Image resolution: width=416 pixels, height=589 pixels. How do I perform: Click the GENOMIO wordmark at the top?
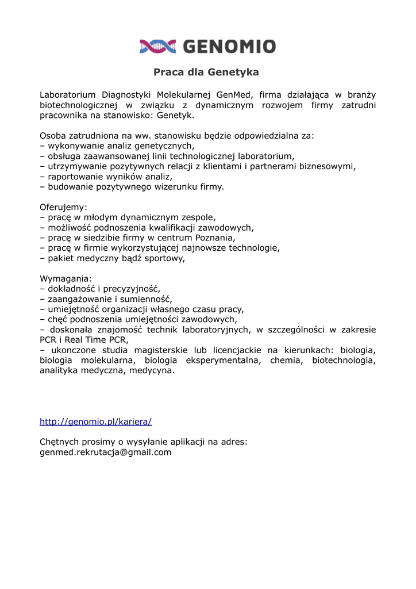[x=229, y=47]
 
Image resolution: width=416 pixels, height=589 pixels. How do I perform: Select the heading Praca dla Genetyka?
[x=206, y=72]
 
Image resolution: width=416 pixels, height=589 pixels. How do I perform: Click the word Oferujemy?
[x=63, y=207]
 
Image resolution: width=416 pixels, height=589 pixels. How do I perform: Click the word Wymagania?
[x=66, y=279]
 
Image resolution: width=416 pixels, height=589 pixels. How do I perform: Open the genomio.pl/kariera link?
[x=95, y=422]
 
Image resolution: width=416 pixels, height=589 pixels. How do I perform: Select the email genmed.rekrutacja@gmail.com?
[x=106, y=453]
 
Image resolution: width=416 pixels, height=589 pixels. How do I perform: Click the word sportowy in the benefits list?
[x=165, y=259]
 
